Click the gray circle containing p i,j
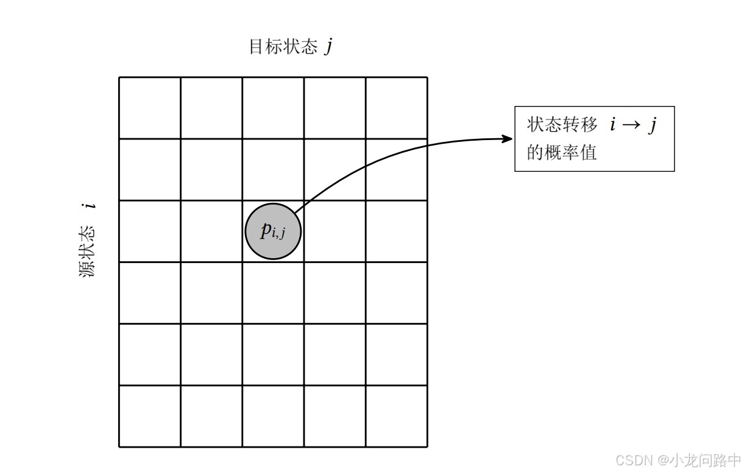[273, 231]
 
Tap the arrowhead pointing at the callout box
[508, 139]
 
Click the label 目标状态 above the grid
[283, 47]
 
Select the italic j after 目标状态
[328, 47]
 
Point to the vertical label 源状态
[88, 252]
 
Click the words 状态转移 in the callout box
[562, 125]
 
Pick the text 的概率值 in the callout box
[562, 152]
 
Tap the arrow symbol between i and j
[631, 125]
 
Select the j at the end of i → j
[652, 125]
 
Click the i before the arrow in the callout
[612, 125]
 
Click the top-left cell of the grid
[150, 108]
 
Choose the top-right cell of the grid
[397, 108]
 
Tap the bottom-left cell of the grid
[150, 416]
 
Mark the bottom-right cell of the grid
[397, 416]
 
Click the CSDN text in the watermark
[634, 460]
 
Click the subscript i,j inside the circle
[278, 233]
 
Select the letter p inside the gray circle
[266, 230]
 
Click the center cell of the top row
[273, 108]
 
